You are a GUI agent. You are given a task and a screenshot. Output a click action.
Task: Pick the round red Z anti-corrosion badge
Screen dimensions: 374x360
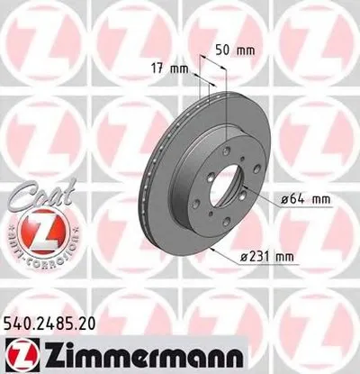pos(34,229)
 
